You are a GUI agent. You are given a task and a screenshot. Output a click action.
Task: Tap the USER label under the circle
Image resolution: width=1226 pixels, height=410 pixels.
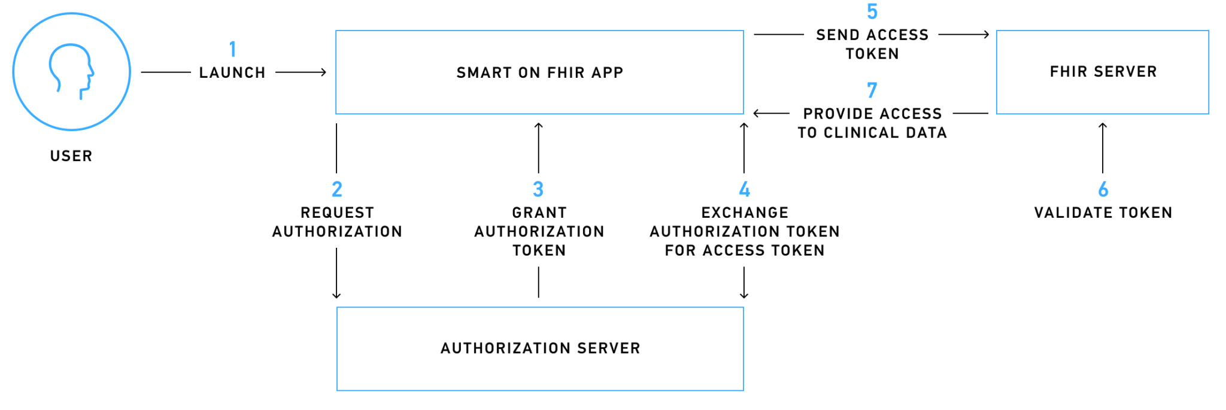(71, 156)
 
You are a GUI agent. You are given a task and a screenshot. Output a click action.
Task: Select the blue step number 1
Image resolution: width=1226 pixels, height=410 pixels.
(233, 49)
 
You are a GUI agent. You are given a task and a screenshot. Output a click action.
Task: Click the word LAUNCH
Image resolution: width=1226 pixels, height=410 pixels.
(232, 73)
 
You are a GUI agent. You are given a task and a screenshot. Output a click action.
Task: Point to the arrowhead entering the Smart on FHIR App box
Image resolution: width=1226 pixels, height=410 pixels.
(323, 72)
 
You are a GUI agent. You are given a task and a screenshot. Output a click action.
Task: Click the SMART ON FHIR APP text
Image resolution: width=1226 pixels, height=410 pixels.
(540, 73)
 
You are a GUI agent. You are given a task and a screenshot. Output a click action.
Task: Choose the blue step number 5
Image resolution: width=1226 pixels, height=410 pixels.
(872, 11)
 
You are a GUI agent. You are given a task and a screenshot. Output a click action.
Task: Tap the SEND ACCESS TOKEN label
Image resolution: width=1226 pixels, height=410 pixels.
(872, 44)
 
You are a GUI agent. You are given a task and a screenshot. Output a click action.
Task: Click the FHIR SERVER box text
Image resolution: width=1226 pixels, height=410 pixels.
(1103, 72)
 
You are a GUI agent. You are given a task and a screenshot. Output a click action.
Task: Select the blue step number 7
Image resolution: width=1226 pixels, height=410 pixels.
(872, 90)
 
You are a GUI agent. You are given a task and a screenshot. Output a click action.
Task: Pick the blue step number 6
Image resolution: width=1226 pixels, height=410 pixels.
(1103, 190)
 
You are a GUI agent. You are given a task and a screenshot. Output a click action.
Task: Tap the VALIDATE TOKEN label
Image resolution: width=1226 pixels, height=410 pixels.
(1103, 213)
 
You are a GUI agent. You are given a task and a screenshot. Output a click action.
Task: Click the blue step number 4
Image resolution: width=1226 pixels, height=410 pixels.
(745, 190)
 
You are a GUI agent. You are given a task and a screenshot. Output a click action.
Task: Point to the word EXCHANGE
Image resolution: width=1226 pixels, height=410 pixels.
(745, 213)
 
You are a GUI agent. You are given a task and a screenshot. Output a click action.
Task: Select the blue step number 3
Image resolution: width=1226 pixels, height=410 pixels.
(538, 190)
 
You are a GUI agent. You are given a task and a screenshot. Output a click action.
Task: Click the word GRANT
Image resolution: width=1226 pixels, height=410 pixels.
(539, 213)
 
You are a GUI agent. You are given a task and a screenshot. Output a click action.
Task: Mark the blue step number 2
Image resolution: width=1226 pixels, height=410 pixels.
(337, 190)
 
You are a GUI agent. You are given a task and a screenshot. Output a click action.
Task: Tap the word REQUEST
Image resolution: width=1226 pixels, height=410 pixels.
(337, 213)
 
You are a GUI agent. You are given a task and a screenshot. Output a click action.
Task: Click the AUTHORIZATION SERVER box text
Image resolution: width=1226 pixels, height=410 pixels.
(541, 348)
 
